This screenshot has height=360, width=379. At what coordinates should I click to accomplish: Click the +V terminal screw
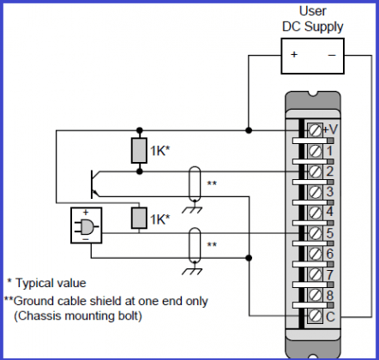coord(315,130)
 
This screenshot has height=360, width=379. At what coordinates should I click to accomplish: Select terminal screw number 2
coord(315,171)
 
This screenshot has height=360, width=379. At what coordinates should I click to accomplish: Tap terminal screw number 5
coord(315,233)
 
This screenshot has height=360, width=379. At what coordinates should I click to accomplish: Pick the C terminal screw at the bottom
coord(315,316)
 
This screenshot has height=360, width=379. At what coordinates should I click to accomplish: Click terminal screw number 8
coord(315,296)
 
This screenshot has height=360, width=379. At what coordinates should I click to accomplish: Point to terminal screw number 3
coord(315,192)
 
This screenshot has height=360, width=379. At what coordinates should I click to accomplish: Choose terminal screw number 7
coord(315,275)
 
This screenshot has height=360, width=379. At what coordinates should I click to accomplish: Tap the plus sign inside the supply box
coord(293,55)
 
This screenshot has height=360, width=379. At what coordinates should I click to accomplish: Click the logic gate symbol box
coord(86,225)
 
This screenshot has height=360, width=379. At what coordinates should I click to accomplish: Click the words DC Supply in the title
coord(313,26)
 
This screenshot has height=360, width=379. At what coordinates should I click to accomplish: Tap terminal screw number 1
coord(315,150)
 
